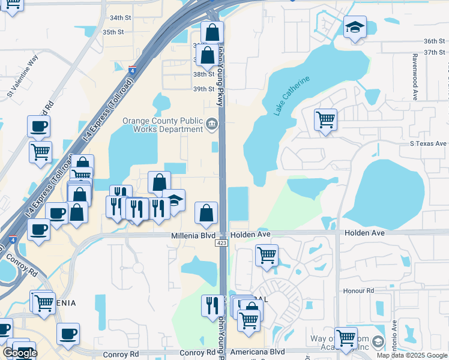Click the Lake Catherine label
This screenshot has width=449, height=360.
[x=292, y=95]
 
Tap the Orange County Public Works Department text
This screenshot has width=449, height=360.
[x=163, y=125]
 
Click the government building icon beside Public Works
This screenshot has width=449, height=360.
[x=211, y=125]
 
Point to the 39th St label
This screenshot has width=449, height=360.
[x=203, y=89]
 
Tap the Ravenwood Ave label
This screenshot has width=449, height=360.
[x=414, y=75]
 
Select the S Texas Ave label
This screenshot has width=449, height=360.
[x=429, y=143]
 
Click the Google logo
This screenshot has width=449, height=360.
[x=19, y=353]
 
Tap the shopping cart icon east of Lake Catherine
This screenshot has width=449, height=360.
[x=325, y=119]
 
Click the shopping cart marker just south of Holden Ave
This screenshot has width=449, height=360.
[x=267, y=254]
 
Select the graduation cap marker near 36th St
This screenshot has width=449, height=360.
[x=355, y=27]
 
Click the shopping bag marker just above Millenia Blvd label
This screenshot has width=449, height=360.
[x=206, y=213]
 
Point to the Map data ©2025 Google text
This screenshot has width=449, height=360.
[x=411, y=355]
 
